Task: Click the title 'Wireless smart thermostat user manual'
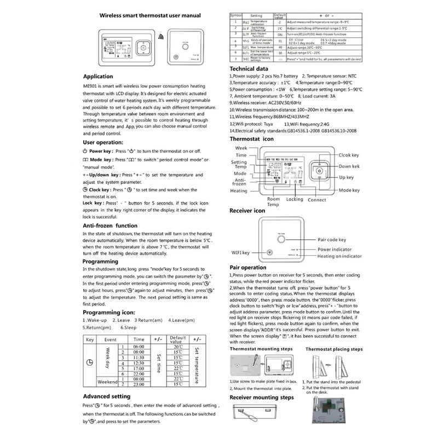pyautogui.click(x=149, y=16)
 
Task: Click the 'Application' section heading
pyautogui.click(x=98, y=77)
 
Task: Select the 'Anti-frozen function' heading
pyautogui.click(x=110, y=226)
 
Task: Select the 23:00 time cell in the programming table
pyautogui.click(x=139, y=385)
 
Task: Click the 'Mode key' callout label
pyautogui.click(x=349, y=190)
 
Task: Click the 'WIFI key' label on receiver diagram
pyautogui.click(x=239, y=252)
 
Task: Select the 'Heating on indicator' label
pyautogui.click(x=340, y=256)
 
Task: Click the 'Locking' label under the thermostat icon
pyautogui.click(x=295, y=199)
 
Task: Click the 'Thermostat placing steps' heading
pyautogui.click(x=333, y=349)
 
